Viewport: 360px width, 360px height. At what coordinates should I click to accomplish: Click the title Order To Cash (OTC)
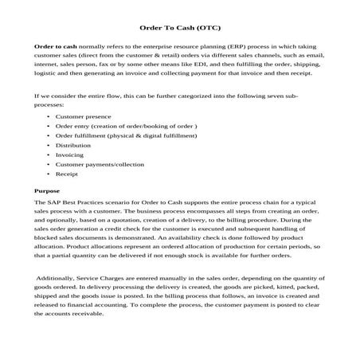point(179,26)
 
